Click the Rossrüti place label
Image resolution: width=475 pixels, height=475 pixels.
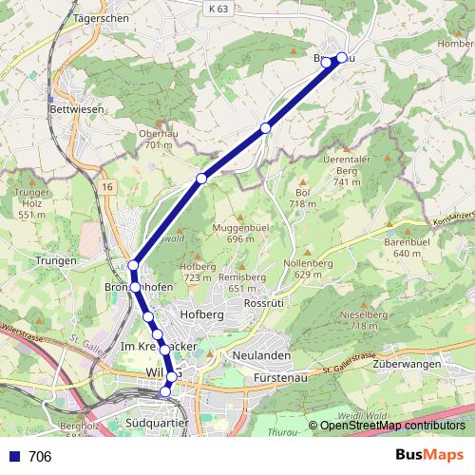pyautogui.click(x=264, y=302)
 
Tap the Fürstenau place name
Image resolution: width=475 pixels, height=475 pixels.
pyautogui.click(x=277, y=378)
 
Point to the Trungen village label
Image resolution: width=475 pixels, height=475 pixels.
pyautogui.click(x=55, y=259)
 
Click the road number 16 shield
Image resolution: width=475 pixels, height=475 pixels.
pyautogui.click(x=108, y=187)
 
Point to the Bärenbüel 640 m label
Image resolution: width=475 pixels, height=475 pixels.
pyautogui.click(x=408, y=248)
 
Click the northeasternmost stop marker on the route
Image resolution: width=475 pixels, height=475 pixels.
pyautogui.click(x=342, y=58)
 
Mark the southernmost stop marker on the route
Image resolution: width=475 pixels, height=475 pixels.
pyautogui.click(x=165, y=391)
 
